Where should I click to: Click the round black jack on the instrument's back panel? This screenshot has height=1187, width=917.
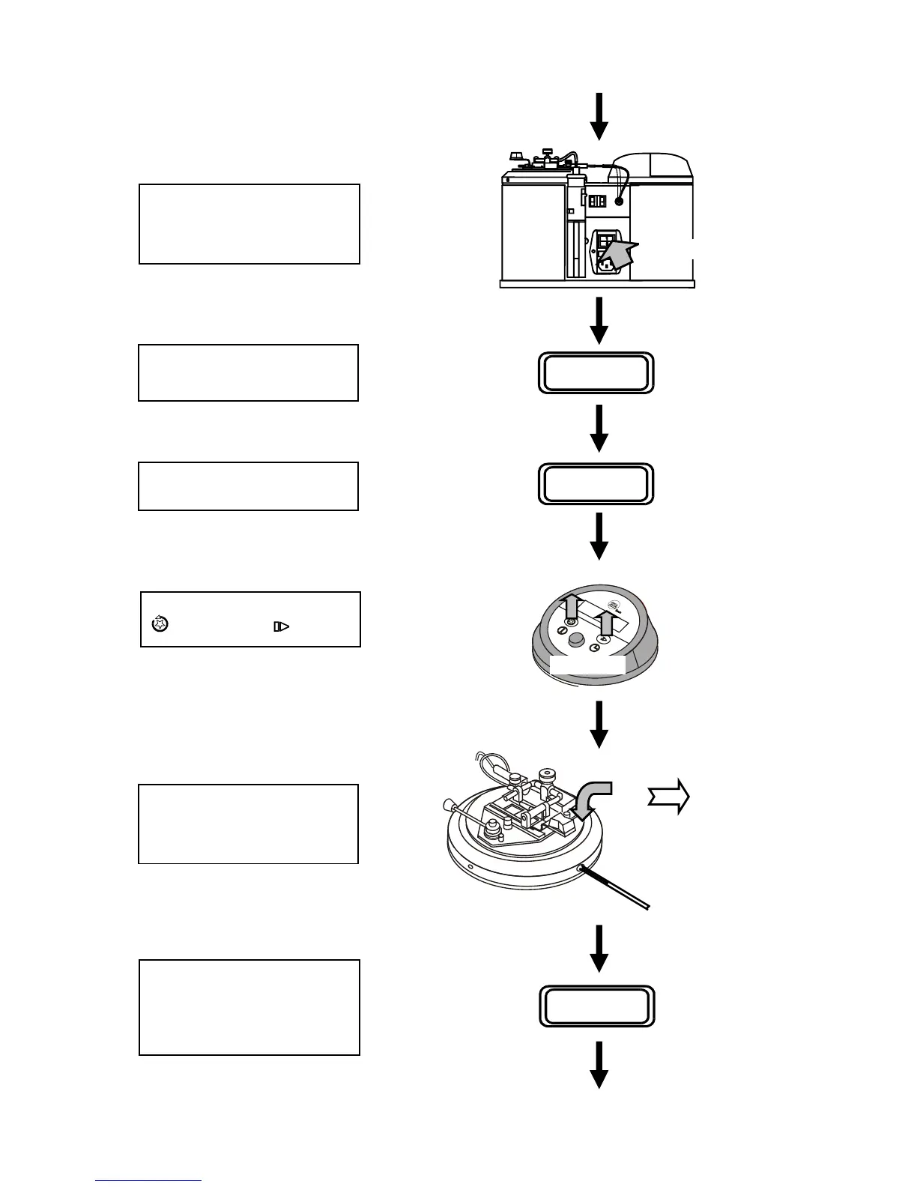pyautogui.click(x=620, y=202)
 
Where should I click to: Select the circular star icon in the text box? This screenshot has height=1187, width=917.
pyautogui.click(x=160, y=623)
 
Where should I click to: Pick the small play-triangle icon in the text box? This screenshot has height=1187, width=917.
pyautogui.click(x=281, y=626)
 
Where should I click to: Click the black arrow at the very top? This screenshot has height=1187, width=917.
pyautogui.click(x=599, y=115)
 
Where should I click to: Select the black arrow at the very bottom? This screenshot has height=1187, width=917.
pyautogui.click(x=599, y=1065)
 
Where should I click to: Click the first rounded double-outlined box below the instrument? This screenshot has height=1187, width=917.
pyautogui.click(x=596, y=372)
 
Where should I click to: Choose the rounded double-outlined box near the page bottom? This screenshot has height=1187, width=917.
pyautogui.click(x=597, y=1006)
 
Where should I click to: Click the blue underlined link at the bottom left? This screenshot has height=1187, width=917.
pyautogui.click(x=148, y=1180)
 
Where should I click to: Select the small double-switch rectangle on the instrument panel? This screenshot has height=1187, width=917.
pyautogui.click(x=597, y=202)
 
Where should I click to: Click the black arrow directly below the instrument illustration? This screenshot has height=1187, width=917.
pyautogui.click(x=599, y=321)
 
